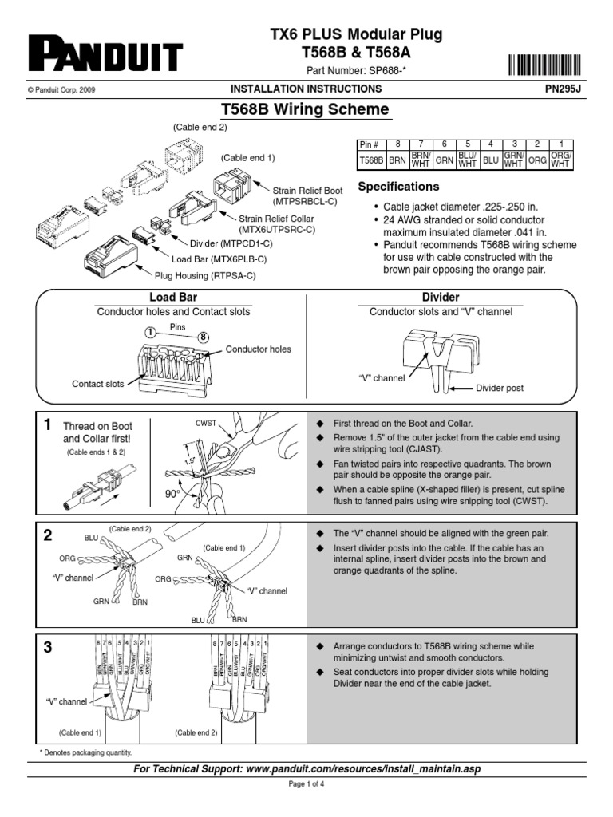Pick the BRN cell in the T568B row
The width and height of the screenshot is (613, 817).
click(x=397, y=160)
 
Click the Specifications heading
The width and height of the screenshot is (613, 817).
click(x=398, y=187)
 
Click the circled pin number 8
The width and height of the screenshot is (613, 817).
click(x=204, y=337)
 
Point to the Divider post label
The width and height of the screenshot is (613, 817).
click(x=500, y=388)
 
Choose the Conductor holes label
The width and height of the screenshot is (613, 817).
click(x=259, y=349)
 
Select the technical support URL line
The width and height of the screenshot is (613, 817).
click(x=307, y=768)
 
